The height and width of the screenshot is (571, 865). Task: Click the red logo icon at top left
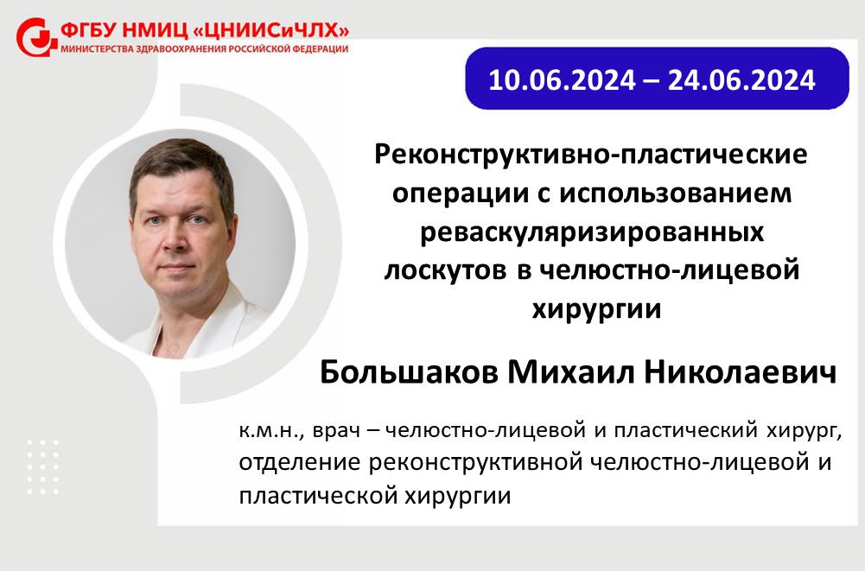(36, 37)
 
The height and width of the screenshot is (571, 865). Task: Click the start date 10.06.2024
(563, 80)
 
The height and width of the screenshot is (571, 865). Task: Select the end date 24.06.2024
(741, 80)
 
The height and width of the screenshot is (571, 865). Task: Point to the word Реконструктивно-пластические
(591, 155)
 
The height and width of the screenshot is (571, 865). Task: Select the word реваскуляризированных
(592, 232)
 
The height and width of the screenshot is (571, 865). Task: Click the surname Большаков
(409, 372)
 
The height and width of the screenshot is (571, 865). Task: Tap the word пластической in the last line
(318, 496)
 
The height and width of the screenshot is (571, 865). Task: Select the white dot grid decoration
(43, 466)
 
